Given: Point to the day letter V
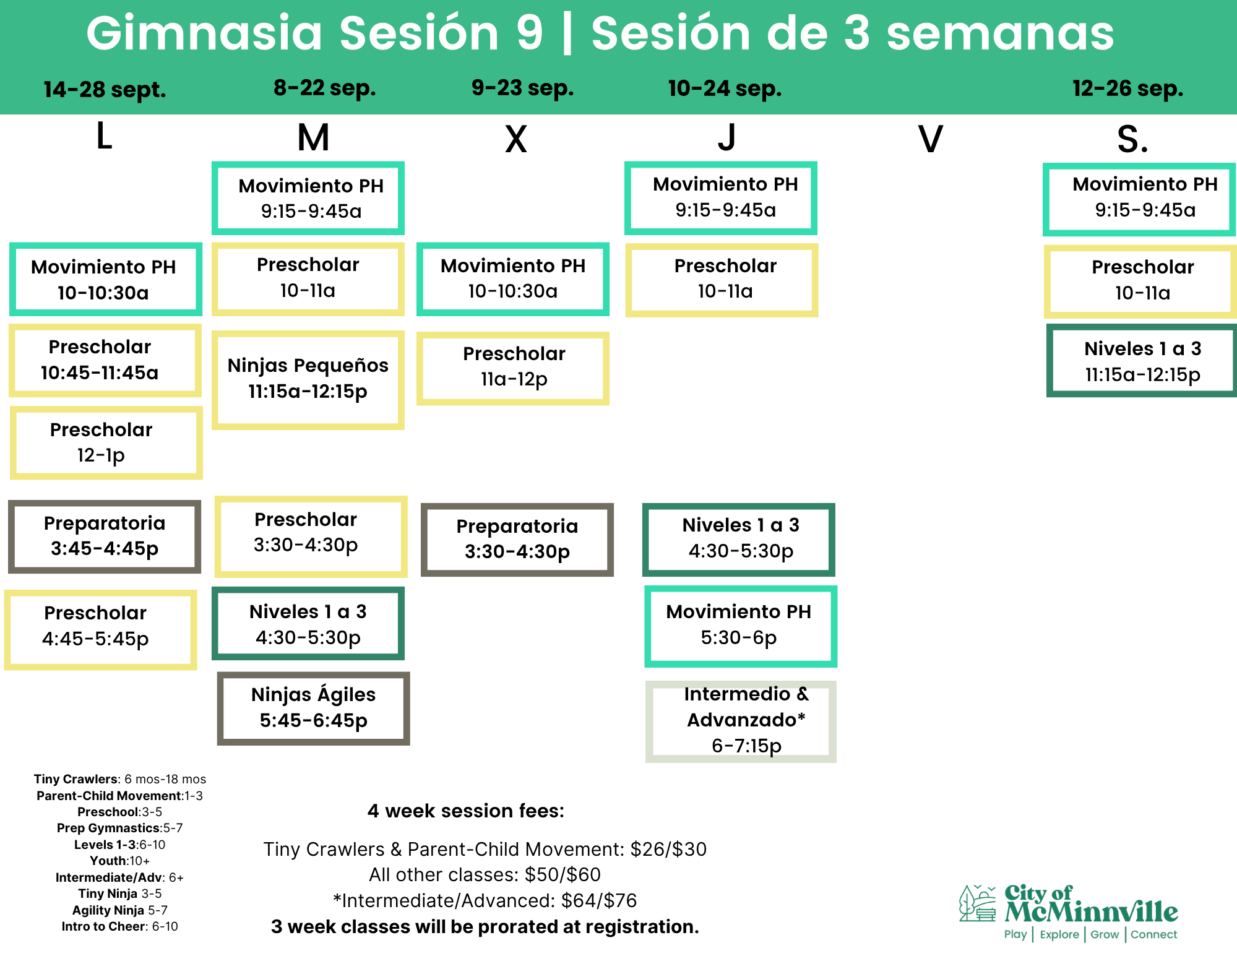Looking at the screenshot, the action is [930, 139].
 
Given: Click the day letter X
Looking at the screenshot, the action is [516, 139].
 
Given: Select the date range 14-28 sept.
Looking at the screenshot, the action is [105, 90].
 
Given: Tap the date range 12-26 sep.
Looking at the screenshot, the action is [1127, 88].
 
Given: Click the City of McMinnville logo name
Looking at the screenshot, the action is [1091, 904].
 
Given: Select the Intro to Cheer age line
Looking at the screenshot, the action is [119, 926].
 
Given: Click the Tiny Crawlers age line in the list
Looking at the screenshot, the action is [120, 779].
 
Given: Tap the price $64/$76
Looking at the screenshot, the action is [599, 900].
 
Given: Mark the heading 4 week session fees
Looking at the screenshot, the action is [466, 811].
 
